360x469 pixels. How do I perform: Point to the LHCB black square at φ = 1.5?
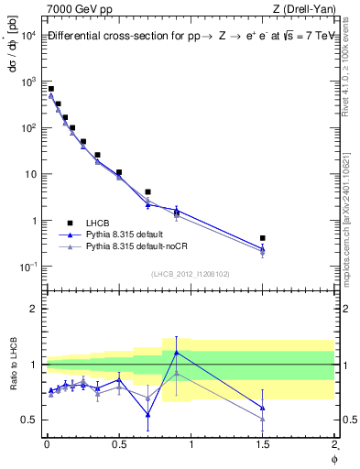263,238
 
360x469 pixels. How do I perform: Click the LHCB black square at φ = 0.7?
148,192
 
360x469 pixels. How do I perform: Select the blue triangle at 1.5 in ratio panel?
263,408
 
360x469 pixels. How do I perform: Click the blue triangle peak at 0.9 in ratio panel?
177,352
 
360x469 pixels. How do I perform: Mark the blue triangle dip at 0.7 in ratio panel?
148,415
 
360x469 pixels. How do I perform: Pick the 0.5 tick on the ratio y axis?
28,420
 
